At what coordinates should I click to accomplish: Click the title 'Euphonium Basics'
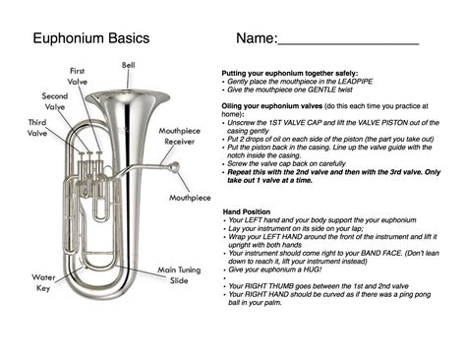pyautogui.click(x=91, y=38)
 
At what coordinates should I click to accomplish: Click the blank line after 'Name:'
pyautogui.click(x=348, y=43)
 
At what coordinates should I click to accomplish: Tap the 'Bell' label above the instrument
pyautogui.click(x=129, y=65)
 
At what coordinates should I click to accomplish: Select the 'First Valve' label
pyautogui.click(x=78, y=76)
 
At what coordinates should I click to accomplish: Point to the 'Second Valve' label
pyautogui.click(x=55, y=101)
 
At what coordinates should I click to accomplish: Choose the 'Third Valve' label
pyautogui.click(x=37, y=128)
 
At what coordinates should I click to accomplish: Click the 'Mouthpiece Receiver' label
pyautogui.click(x=179, y=136)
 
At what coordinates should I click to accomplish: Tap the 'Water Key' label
pyautogui.click(x=43, y=282)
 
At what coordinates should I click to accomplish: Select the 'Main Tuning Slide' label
pyautogui.click(x=179, y=275)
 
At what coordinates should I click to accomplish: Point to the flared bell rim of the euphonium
pyautogui.click(x=128, y=95)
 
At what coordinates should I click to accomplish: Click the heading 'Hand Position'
pyautogui.click(x=247, y=211)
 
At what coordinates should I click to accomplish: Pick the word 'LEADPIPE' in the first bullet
pyautogui.click(x=355, y=82)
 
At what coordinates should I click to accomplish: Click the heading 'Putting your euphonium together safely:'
pyautogui.click(x=290, y=74)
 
